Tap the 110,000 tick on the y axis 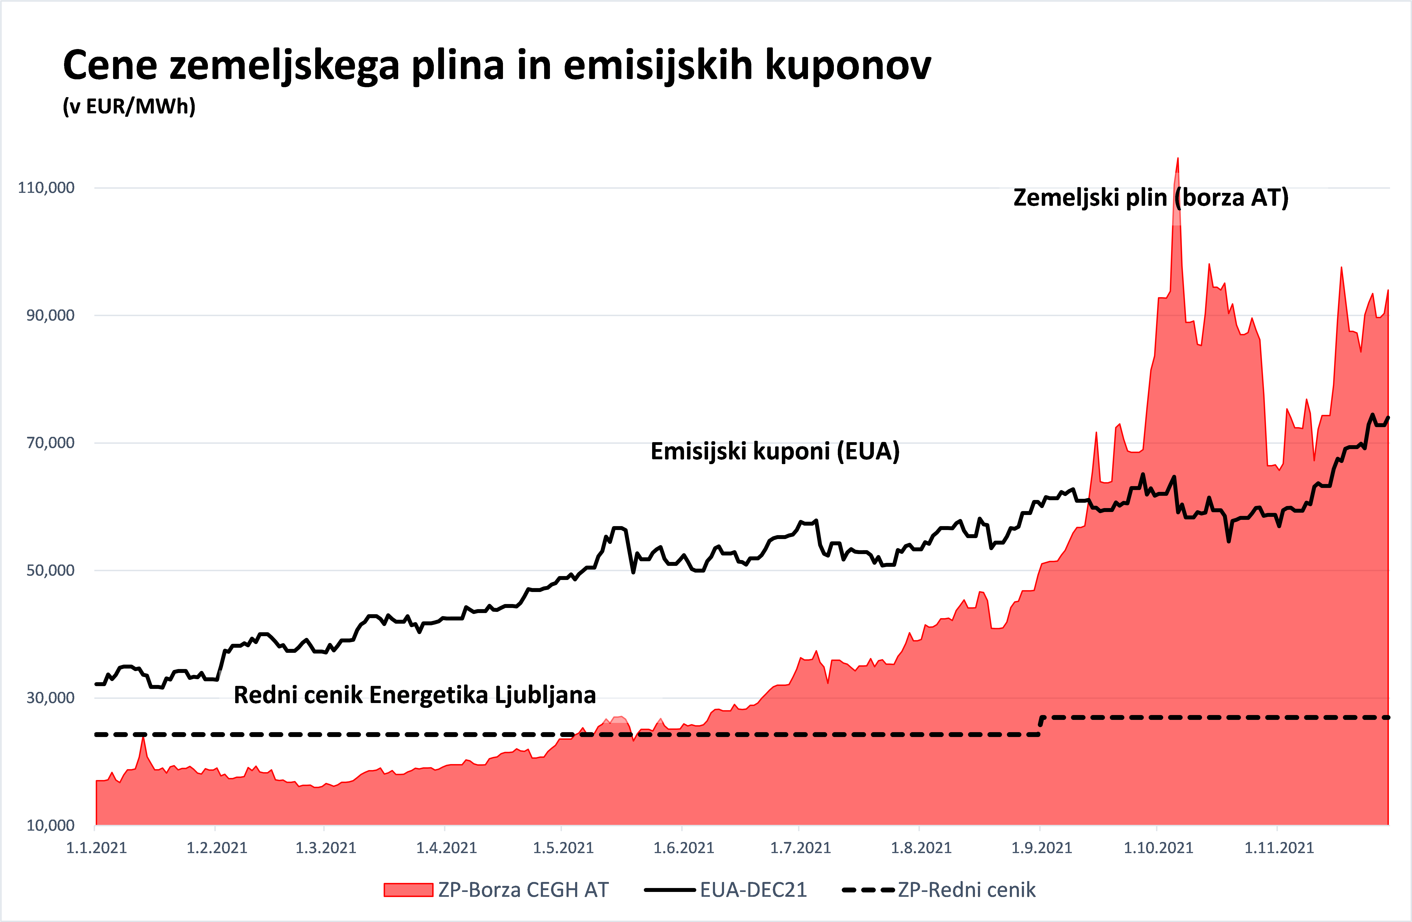[46, 188]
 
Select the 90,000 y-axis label [50, 315]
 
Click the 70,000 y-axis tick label [50, 443]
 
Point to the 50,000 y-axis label [50, 570]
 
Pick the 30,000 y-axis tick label [50, 698]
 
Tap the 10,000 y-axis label [50, 825]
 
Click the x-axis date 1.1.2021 [96, 847]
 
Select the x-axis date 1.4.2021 [446, 847]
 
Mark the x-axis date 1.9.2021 [1041, 847]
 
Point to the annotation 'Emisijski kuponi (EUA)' [775, 451]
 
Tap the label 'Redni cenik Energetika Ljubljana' [415, 695]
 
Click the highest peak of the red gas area [1178, 159]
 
